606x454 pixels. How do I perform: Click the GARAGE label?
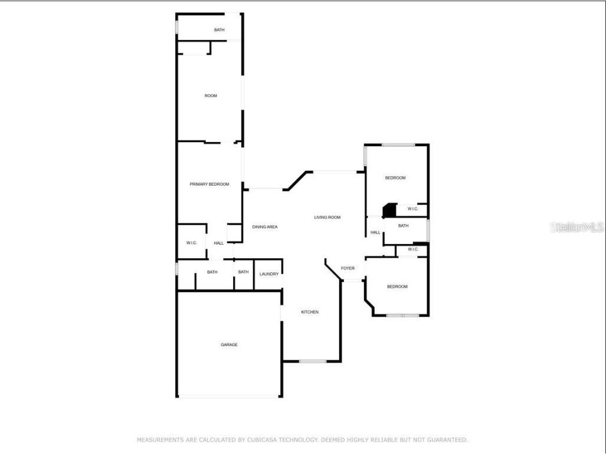click(x=229, y=345)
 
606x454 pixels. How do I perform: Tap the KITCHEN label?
click(x=310, y=312)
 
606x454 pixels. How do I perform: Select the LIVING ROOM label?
click(x=327, y=218)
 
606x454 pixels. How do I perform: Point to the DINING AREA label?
click(x=265, y=227)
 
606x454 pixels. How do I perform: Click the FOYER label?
click(x=348, y=269)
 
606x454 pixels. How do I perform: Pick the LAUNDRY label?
click(x=269, y=274)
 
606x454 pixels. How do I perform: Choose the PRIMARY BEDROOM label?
click(x=209, y=185)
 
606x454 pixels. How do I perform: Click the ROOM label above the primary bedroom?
click(x=211, y=96)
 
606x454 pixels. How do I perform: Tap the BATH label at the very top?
click(x=219, y=30)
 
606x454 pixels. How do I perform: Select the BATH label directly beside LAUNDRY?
click(x=243, y=272)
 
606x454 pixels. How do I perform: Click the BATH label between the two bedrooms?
click(x=403, y=226)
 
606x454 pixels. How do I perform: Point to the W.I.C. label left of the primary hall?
click(x=191, y=243)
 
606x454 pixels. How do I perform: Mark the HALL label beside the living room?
click(x=375, y=233)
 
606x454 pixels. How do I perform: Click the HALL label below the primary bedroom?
click(x=218, y=243)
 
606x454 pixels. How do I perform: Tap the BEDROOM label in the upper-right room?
click(x=395, y=178)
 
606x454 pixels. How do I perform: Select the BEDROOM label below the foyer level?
click(x=397, y=287)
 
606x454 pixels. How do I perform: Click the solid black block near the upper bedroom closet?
click(x=389, y=210)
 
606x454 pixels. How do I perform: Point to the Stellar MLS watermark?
click(x=577, y=227)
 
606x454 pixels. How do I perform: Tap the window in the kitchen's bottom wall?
click(x=312, y=361)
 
